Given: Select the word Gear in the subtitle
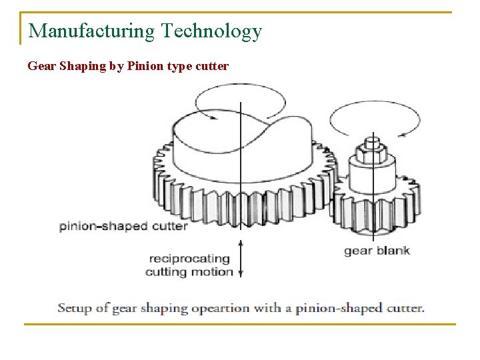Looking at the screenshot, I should (39, 66).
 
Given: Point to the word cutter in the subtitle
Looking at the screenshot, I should (212, 66).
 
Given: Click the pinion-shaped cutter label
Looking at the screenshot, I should (123, 226).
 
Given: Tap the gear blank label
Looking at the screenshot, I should (377, 251).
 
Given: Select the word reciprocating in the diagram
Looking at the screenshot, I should (189, 259).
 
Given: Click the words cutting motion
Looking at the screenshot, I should (189, 271).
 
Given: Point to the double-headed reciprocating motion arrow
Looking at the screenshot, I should (240, 260).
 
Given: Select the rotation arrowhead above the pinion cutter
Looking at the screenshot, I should (213, 117).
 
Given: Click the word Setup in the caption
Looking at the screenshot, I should (74, 308).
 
